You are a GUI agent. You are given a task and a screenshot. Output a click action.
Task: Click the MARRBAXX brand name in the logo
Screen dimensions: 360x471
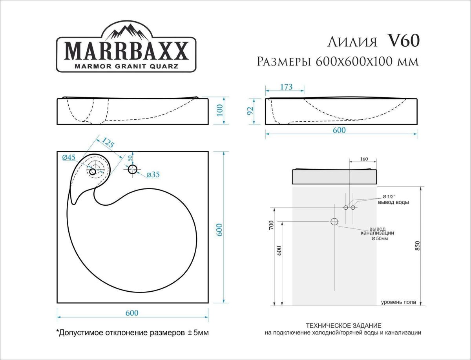click(x=126, y=50)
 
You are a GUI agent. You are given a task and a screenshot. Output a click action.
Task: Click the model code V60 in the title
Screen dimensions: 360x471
click(x=404, y=41)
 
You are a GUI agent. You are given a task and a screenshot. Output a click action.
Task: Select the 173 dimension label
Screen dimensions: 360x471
click(x=286, y=87)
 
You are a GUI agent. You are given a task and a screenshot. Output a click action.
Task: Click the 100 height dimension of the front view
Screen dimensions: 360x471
click(x=220, y=110)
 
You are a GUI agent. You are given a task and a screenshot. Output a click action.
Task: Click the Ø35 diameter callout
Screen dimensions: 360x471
click(x=153, y=175)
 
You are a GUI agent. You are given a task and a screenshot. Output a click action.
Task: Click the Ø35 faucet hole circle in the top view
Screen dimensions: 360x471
click(x=133, y=170)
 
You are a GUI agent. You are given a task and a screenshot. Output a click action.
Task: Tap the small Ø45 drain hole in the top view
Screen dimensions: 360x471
click(x=93, y=172)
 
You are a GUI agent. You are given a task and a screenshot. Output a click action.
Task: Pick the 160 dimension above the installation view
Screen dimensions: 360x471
click(x=363, y=159)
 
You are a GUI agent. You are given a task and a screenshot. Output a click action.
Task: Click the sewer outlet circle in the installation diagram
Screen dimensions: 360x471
click(x=334, y=222)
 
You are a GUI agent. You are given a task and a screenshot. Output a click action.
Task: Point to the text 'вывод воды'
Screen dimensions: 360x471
click(x=394, y=203)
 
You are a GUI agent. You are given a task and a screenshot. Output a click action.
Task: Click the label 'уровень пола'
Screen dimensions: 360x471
click(x=398, y=302)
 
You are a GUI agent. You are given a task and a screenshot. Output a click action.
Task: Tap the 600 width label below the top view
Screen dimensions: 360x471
click(x=132, y=313)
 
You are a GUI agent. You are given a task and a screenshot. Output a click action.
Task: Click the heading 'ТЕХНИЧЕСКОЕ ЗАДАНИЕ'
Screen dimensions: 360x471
click(x=343, y=326)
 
